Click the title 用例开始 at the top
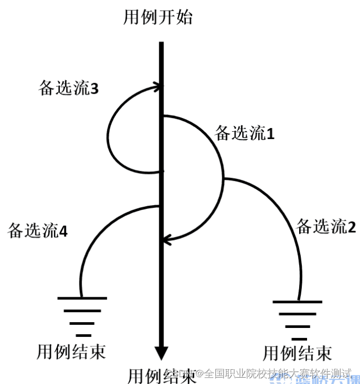coord(157,18)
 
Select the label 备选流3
coord(68,89)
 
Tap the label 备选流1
coord(244,133)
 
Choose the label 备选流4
coord(37,231)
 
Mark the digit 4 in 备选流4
coord(63,231)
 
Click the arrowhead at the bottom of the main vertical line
coord(161,353)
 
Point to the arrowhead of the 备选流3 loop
coord(158,86)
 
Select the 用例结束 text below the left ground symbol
coord(70,351)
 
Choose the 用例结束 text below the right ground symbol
coord(298,352)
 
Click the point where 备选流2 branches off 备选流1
coord(224,179)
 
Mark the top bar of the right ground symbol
coord(298,302)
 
